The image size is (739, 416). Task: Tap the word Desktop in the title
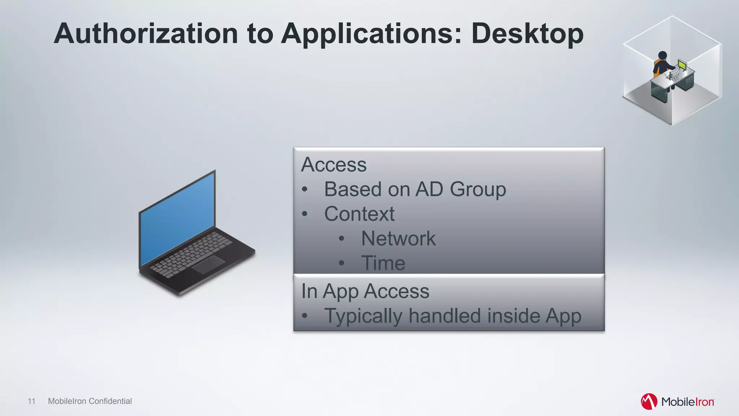(527, 34)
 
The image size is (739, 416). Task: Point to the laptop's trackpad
(208, 265)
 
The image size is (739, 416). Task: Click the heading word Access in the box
(334, 165)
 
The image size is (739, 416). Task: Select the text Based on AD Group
(415, 189)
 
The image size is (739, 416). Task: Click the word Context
(359, 214)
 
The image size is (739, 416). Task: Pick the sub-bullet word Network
(398, 238)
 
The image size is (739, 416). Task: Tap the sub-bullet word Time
(383, 263)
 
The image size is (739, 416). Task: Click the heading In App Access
(365, 291)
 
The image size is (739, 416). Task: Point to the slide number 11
(31, 401)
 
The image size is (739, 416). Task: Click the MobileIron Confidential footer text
(90, 401)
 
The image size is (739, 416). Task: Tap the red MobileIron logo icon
(649, 402)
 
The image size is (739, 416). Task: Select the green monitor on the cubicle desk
(682, 65)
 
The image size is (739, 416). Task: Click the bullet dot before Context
(305, 214)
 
